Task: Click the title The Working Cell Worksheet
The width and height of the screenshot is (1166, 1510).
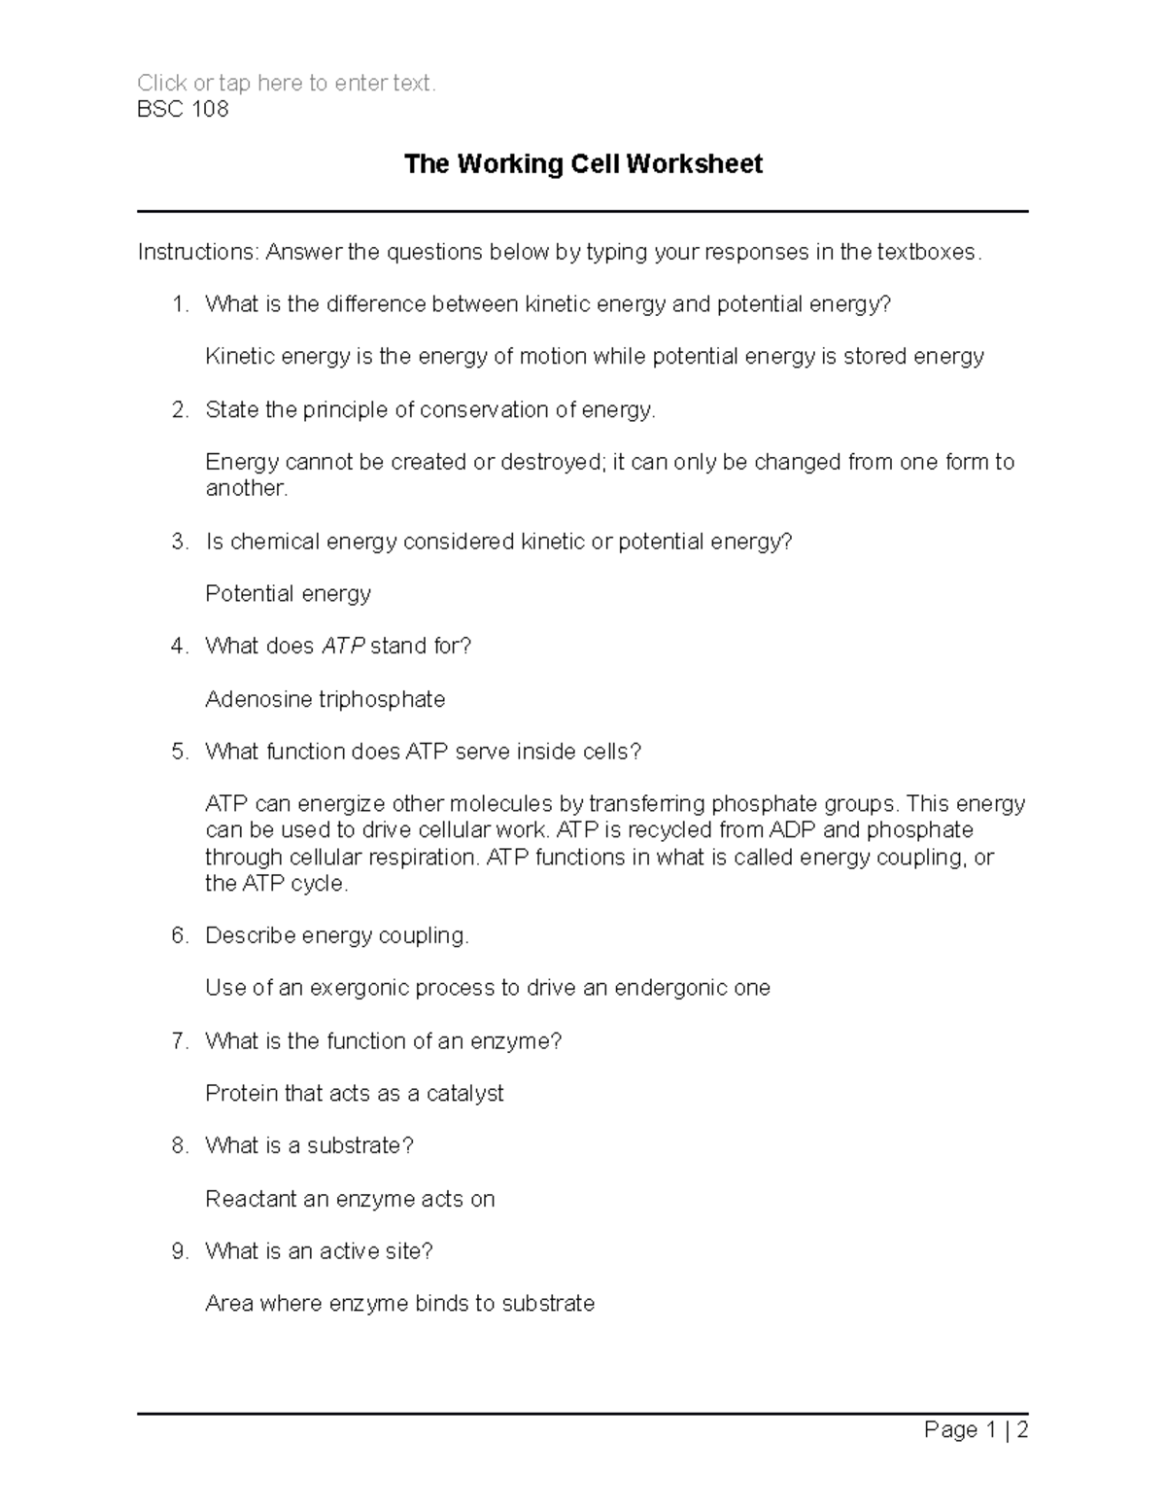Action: click(x=583, y=164)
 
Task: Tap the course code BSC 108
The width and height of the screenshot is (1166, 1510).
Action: click(x=183, y=109)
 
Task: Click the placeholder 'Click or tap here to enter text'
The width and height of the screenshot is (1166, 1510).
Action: click(x=287, y=84)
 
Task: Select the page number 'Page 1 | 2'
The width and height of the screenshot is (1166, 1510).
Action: click(x=976, y=1429)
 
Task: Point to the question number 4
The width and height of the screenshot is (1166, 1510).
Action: click(x=179, y=647)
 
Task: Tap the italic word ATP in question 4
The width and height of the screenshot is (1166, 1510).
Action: click(x=343, y=647)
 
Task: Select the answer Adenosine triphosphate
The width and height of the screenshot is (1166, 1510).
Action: click(x=326, y=699)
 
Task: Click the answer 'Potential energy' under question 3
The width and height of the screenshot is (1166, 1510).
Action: click(x=289, y=594)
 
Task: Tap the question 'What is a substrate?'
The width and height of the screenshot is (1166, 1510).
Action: click(x=309, y=1146)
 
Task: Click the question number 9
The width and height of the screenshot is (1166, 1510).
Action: click(x=179, y=1251)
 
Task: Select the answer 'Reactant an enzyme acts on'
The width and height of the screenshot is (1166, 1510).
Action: click(x=350, y=1199)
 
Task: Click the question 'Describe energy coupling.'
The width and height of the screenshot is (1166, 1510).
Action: click(x=337, y=935)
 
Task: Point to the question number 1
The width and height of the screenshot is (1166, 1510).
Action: click(x=179, y=304)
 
